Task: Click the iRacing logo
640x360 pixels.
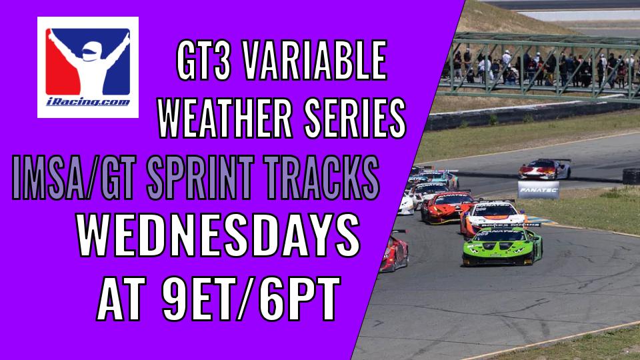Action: tap(88, 67)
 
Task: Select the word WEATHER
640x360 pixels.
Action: tap(225, 119)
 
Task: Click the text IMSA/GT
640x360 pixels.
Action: tap(74, 178)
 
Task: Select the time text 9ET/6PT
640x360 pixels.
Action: tap(251, 299)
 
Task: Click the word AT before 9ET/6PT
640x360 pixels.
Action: tap(121, 299)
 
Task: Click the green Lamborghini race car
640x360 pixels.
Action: tap(503, 246)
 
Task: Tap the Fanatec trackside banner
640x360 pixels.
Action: tap(539, 190)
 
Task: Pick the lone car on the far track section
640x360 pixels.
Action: tap(545, 169)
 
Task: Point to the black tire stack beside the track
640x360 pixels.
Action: tap(631, 176)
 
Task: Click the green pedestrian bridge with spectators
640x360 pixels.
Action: tap(541, 65)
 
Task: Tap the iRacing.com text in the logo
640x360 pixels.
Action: tap(88, 102)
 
